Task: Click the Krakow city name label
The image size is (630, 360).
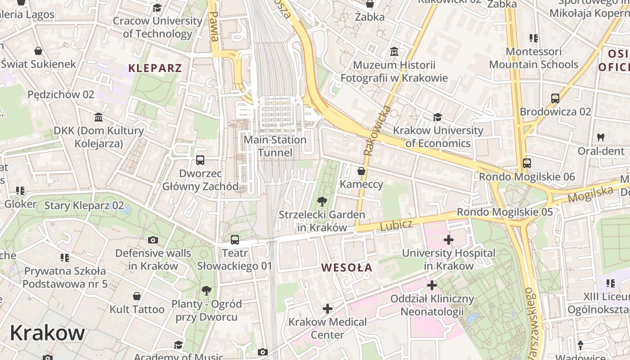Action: (47, 333)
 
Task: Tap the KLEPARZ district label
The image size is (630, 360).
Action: (155, 68)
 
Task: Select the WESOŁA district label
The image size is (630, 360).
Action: (346, 268)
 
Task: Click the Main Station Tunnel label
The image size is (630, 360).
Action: (275, 146)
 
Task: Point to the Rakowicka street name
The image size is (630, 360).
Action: (377, 131)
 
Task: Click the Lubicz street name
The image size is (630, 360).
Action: (396, 225)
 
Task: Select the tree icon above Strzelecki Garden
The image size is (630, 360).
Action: (322, 201)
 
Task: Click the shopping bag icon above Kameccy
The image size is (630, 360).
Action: (361, 171)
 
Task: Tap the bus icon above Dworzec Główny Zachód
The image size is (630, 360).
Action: (200, 160)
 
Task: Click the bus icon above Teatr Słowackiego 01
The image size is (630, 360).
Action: (234, 240)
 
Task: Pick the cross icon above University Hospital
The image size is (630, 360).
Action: (448, 240)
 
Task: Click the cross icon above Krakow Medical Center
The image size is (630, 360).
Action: (327, 309)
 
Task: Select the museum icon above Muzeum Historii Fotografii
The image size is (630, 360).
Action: (394, 52)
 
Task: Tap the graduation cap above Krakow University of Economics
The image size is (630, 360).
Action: (437, 117)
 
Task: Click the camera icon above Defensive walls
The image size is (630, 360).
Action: (153, 240)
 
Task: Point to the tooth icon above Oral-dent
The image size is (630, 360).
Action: (600, 137)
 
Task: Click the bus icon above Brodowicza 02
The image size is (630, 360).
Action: (555, 98)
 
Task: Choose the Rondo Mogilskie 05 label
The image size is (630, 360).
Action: (504, 211)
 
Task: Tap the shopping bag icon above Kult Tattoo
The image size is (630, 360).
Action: (137, 296)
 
